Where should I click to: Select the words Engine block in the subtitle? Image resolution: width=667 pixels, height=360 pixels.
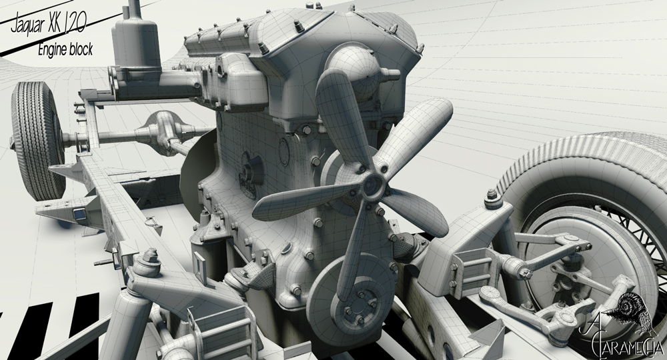click(x=65, y=49)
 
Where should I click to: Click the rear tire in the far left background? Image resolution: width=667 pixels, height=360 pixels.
click(x=37, y=140)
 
